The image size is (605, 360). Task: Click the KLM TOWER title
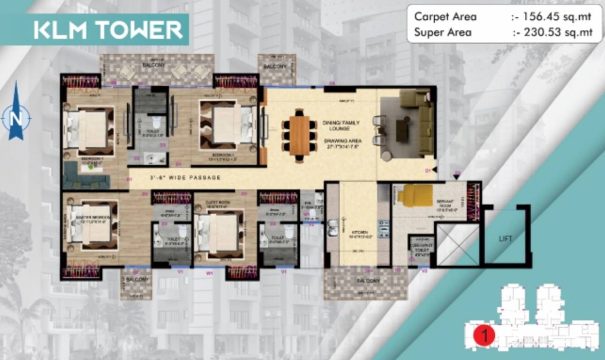(x=108, y=30)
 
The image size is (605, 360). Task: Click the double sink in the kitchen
(x=333, y=227)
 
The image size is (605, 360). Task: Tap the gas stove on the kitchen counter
(x=383, y=231)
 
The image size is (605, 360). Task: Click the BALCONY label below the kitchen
(x=365, y=281)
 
